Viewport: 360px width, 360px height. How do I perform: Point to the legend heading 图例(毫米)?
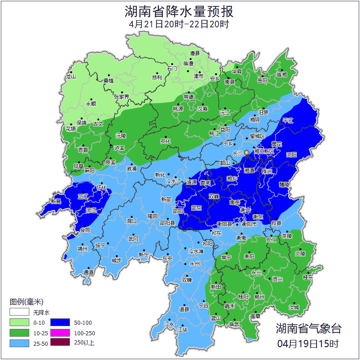click(x=27, y=301)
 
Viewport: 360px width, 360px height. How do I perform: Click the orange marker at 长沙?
click(x=247, y=152)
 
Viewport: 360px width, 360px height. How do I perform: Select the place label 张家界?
click(x=121, y=97)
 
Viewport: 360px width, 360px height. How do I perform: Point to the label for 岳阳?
click(x=263, y=81)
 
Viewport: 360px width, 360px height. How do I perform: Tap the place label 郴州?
click(x=259, y=297)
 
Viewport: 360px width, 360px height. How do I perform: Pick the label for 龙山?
click(x=70, y=77)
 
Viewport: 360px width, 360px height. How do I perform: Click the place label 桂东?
click(x=308, y=277)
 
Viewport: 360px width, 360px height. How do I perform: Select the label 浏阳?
click(x=291, y=155)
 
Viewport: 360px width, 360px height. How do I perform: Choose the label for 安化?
click(x=165, y=141)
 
